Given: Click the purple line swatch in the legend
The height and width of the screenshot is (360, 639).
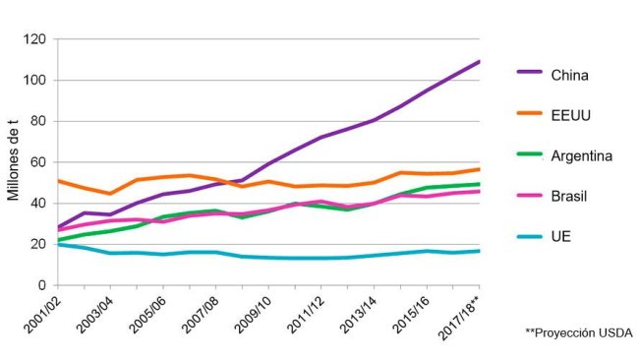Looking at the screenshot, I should pos(530,73).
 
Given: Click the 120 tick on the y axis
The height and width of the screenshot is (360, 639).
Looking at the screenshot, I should pos(35,39).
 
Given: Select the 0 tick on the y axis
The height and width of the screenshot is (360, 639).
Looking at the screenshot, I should pos(43,285).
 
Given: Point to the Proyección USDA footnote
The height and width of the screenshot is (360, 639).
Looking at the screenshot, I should pos(580,333).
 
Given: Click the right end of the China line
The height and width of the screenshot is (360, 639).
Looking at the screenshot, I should pos(479,61).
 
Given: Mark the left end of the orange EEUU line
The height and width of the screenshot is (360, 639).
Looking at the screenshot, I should pos(58,181).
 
